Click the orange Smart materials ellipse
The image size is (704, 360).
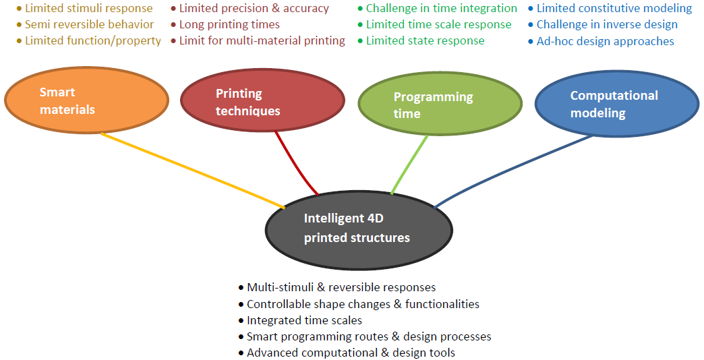click(87, 100)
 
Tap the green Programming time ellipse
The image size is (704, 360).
click(440, 104)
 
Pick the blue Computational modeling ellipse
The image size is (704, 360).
click(617, 104)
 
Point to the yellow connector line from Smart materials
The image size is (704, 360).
click(193, 171)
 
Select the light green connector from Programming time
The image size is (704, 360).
click(409, 164)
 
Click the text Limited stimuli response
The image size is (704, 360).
click(89, 8)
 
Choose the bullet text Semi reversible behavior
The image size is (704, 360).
click(89, 24)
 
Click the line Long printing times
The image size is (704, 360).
click(229, 24)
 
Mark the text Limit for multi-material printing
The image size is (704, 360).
click(262, 40)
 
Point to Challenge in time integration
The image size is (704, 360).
click(441, 8)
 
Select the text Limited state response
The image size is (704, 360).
click(426, 40)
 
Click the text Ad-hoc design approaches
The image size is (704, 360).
click(606, 41)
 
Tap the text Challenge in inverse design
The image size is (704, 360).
click(607, 24)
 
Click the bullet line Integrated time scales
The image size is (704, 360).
click(304, 320)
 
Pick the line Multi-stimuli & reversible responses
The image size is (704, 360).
click(341, 287)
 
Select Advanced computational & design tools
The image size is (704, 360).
click(351, 353)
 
